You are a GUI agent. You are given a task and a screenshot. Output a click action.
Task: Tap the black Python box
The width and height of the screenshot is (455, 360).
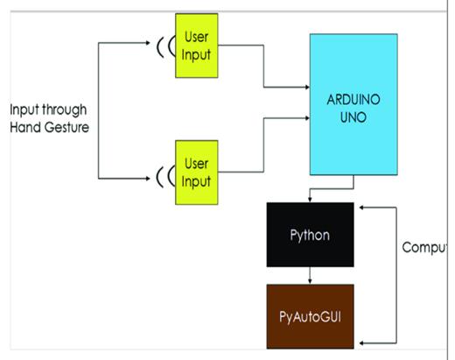click(311, 236)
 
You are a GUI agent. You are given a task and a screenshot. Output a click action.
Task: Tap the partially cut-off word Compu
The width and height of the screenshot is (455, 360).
click(425, 248)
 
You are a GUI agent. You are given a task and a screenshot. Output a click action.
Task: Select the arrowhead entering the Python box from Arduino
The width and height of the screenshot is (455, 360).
click(311, 200)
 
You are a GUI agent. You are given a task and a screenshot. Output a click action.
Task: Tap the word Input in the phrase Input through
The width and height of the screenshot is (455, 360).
click(25, 110)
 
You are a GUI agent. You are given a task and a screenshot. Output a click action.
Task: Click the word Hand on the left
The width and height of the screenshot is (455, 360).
click(26, 126)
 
